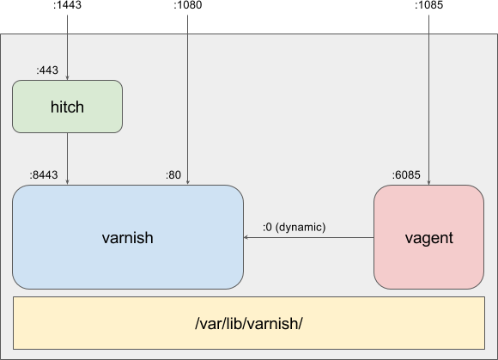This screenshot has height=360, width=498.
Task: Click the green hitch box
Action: (x=67, y=107)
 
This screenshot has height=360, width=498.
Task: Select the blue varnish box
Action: (x=128, y=237)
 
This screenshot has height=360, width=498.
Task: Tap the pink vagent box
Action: (x=428, y=237)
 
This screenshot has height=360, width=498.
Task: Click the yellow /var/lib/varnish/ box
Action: (x=249, y=323)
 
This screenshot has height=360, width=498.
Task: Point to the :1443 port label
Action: (x=67, y=5)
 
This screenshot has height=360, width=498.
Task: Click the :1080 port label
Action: (x=188, y=5)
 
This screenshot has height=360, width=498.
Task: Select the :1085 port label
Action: (x=428, y=5)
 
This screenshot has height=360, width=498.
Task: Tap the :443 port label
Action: (x=47, y=70)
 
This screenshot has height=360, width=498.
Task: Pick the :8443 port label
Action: (x=44, y=174)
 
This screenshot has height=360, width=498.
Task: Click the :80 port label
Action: (x=173, y=174)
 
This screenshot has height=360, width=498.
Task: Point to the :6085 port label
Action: (x=406, y=174)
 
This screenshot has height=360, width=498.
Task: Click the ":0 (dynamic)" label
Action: (x=295, y=227)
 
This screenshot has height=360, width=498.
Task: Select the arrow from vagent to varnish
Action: (x=309, y=237)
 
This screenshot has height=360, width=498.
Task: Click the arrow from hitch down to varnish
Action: (x=67, y=159)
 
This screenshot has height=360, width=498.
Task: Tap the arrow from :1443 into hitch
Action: (x=67, y=47)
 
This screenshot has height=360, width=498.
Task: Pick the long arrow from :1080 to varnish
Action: (x=188, y=100)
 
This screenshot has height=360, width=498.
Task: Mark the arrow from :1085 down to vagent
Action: (x=428, y=100)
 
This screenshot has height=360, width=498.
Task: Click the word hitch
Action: (x=67, y=107)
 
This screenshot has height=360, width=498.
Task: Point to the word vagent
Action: (x=429, y=238)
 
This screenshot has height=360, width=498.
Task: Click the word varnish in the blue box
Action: (x=128, y=237)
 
